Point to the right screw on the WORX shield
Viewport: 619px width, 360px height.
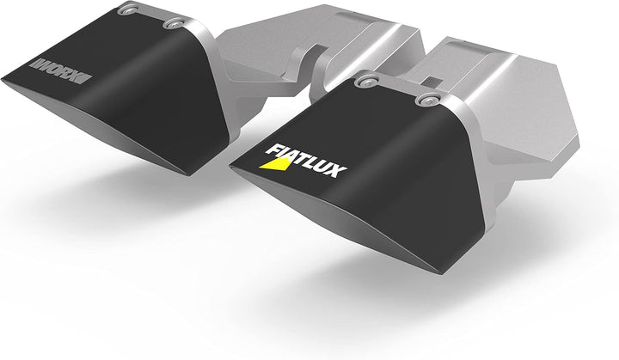[x=178, y=23]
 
